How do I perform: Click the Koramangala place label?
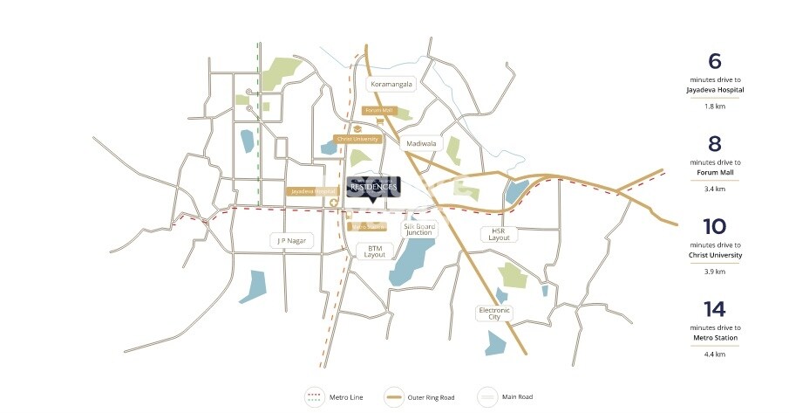(391, 85)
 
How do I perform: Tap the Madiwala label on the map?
(419, 143)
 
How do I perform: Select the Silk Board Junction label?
(419, 230)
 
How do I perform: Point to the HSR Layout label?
(499, 234)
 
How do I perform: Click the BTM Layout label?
(374, 251)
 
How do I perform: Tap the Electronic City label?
(493, 313)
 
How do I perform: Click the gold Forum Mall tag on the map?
(379, 111)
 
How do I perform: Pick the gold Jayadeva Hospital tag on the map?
(313, 191)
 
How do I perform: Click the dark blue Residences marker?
(373, 186)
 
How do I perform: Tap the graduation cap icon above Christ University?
(357, 127)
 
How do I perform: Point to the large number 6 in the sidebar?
(714, 61)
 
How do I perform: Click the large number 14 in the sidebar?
(714, 308)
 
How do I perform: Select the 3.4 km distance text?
(714, 189)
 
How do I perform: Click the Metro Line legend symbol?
(315, 397)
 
